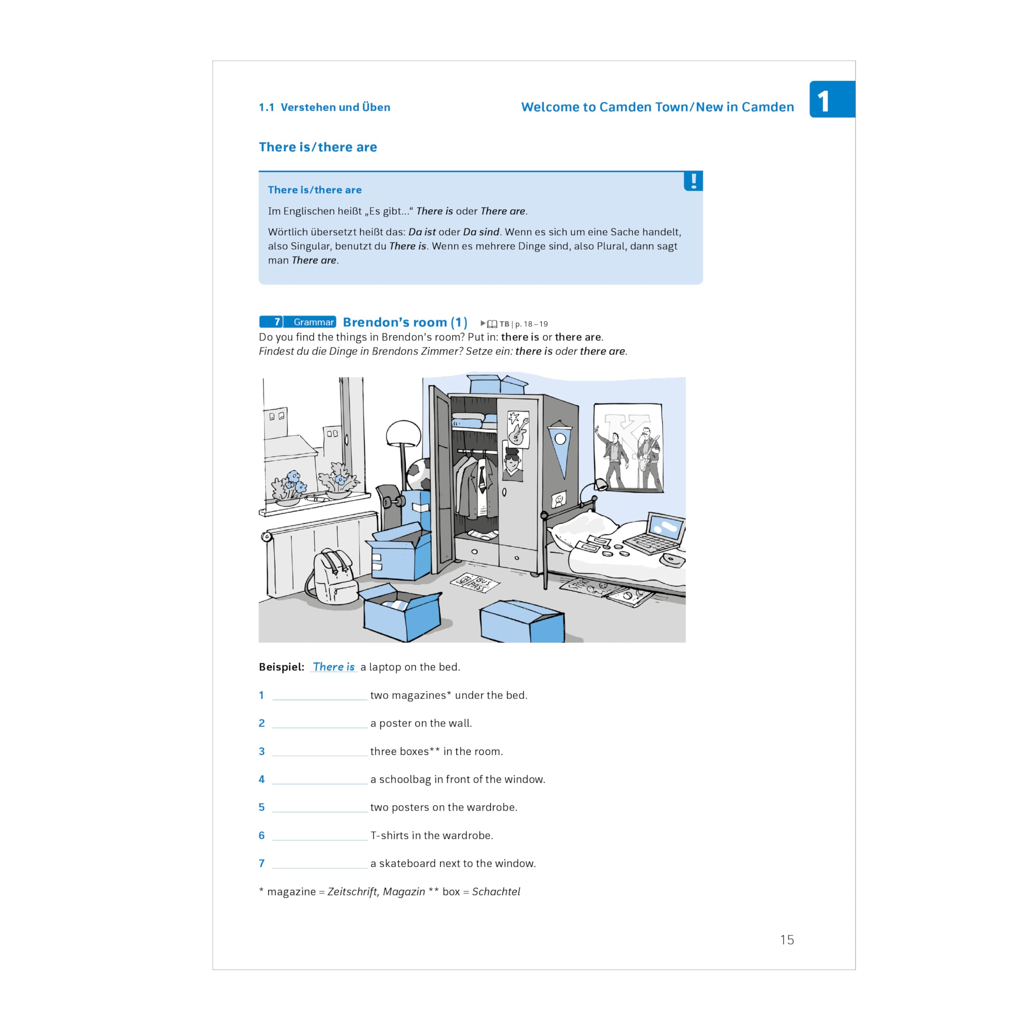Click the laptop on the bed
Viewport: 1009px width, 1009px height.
click(655, 533)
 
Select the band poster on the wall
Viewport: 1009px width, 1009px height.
click(628, 448)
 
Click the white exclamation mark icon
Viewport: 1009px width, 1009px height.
click(694, 181)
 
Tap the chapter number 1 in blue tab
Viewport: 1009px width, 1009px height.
click(824, 101)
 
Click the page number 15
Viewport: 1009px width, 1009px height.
click(787, 940)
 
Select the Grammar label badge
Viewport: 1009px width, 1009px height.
click(313, 322)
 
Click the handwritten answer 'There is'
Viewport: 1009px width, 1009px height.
click(334, 667)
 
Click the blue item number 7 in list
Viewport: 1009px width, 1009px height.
click(262, 863)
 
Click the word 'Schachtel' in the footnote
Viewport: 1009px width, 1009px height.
click(496, 892)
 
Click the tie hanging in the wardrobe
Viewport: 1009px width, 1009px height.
click(482, 476)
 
